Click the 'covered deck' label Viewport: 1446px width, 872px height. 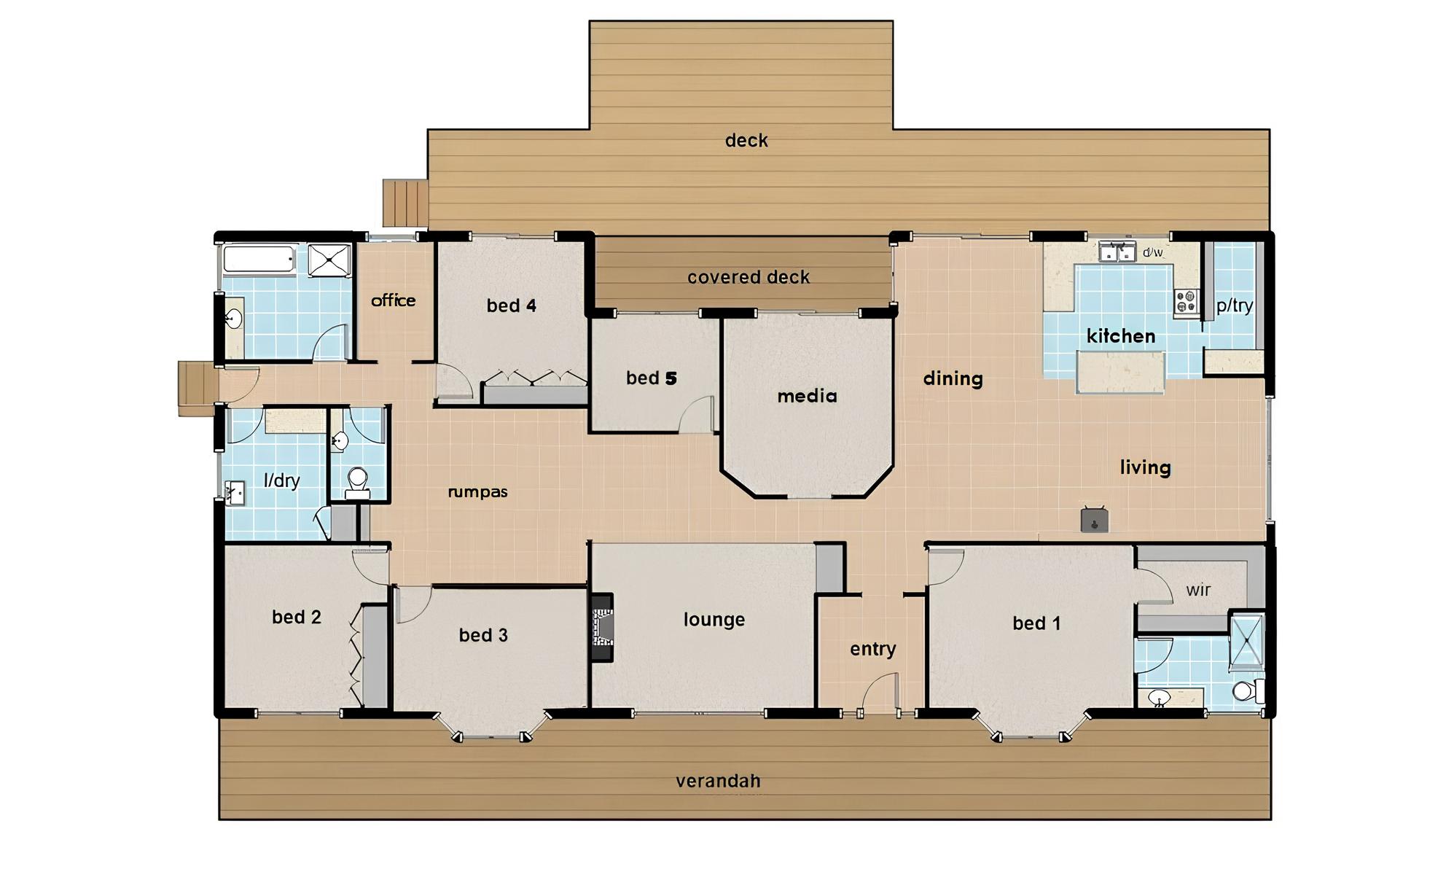749,277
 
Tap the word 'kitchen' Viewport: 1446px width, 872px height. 1121,336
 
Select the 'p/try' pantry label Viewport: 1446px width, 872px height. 1235,305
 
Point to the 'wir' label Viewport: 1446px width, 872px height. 1198,590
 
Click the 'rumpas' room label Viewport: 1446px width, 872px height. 477,492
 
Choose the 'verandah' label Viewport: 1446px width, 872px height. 718,781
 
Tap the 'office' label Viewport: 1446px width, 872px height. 393,300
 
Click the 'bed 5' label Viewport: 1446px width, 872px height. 652,378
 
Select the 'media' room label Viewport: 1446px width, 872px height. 807,396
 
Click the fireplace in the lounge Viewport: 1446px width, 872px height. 601,628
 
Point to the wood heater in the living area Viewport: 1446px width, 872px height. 1094,519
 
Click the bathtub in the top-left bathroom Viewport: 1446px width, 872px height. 259,260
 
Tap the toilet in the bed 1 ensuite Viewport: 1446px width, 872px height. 1248,690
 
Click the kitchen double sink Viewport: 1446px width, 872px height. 1117,252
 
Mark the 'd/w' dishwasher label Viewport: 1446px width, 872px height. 1152,252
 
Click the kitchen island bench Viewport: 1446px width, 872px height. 1120,372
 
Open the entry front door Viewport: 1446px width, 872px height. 879,693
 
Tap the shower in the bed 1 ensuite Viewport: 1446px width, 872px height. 1246,642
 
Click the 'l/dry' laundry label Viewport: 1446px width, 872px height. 281,480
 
